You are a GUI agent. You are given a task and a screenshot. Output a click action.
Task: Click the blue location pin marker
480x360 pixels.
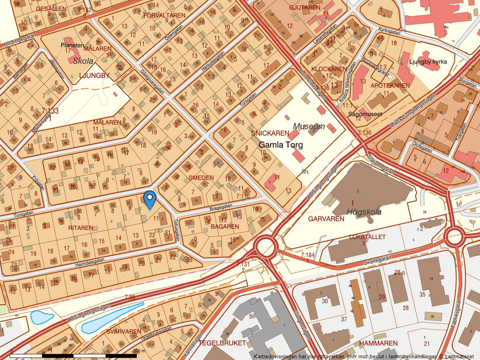tap(150, 199)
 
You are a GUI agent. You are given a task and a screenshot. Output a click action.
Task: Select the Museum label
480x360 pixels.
tap(308, 126)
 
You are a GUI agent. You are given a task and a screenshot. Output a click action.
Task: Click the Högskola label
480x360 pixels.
tap(364, 212)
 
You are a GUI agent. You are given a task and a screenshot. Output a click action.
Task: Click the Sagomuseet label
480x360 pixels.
tap(365, 115)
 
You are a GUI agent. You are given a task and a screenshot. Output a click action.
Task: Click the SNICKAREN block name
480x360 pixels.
tap(269, 133)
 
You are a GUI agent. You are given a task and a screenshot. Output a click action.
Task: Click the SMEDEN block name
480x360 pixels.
tap(201, 178)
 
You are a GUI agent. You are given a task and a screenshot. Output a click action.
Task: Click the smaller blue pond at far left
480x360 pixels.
tap(39, 317)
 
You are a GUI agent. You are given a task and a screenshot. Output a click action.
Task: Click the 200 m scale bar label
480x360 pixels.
tap(138, 351)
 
